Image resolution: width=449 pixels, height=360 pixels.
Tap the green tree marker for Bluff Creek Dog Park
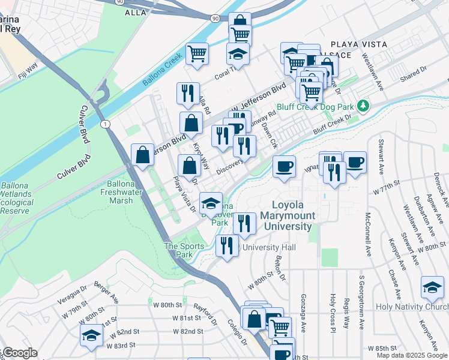coord(362,106)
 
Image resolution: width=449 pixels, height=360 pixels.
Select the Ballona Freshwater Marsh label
coord(124,192)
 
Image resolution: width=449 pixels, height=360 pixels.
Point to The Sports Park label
coord(180,250)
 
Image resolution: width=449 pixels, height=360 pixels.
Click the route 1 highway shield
coord(106,124)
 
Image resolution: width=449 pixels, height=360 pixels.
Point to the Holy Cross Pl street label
coord(332,313)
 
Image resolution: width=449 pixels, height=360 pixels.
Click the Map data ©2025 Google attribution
coord(412,355)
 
